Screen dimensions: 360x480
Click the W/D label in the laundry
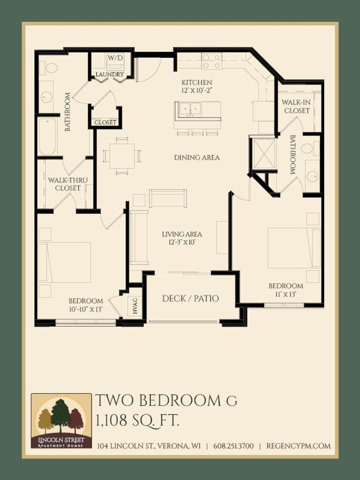coord(115,57)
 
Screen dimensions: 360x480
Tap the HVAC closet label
coord(135,305)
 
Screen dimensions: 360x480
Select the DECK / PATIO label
coord(190,298)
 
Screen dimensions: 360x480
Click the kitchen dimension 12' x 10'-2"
coord(197,90)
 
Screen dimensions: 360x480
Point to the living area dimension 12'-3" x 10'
coord(182,242)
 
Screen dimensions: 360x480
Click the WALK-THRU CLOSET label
coord(68,184)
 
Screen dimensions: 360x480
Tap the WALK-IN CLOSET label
coord(296,106)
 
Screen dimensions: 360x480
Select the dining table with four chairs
coord(122,156)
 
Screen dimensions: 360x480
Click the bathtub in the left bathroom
coord(48,137)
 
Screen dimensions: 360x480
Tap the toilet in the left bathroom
coord(49,68)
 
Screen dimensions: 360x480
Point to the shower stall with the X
coord(263,154)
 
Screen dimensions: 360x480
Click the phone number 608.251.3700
coord(233,446)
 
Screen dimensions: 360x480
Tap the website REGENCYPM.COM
coord(299,446)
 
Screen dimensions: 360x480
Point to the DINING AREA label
coord(197,158)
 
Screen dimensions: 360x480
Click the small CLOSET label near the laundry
coord(105,123)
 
